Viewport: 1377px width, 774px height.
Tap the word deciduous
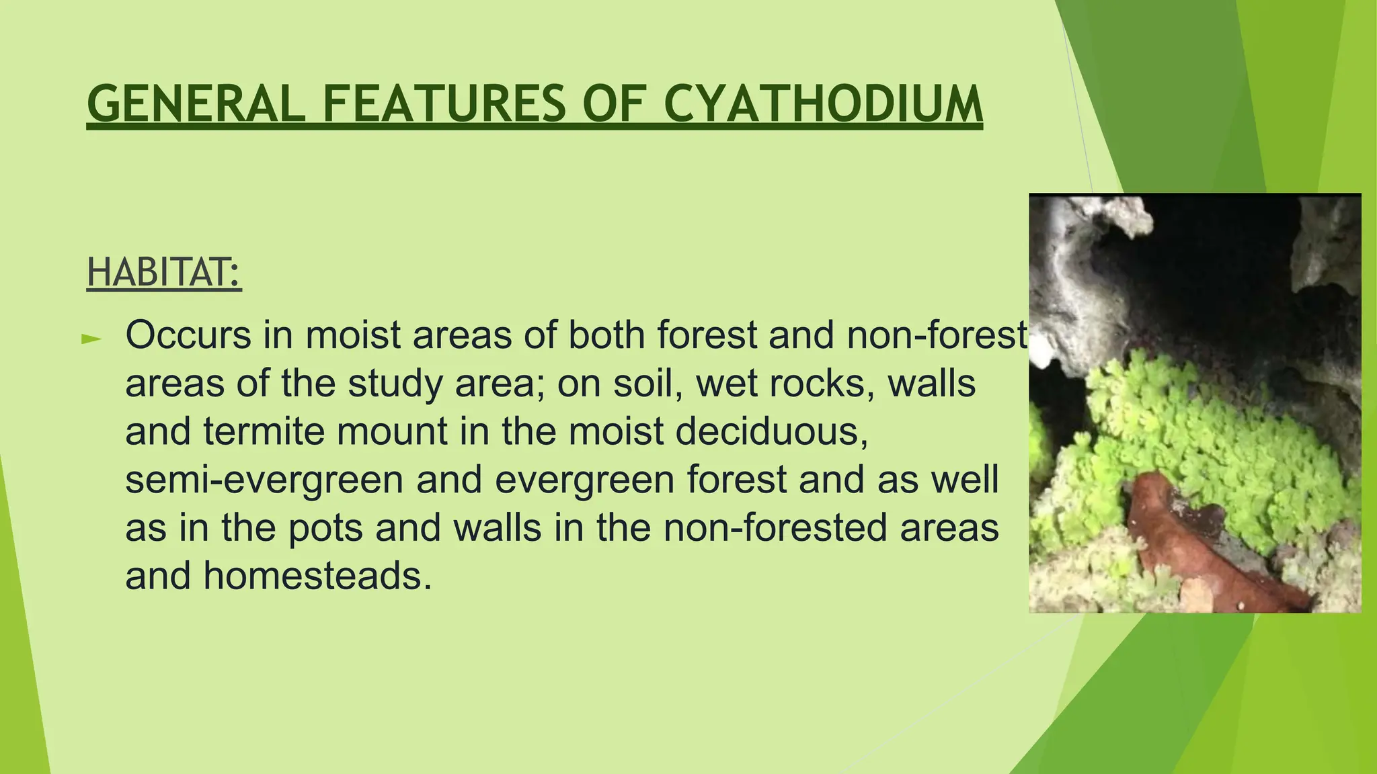coord(771,431)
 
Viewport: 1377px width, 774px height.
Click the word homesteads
coord(317,576)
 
